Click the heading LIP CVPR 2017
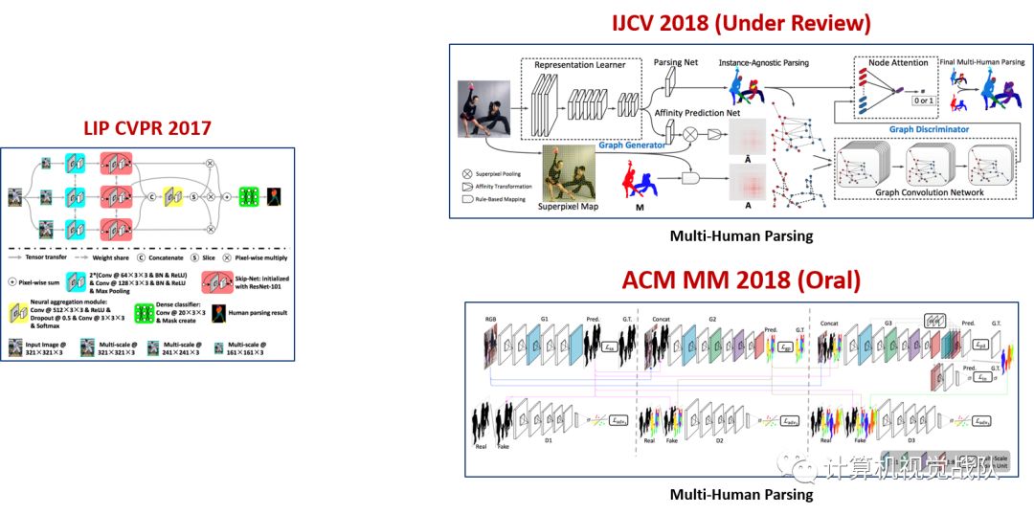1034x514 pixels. coord(147,128)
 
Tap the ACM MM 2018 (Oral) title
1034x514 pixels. coord(742,280)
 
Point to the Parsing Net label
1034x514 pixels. coord(676,63)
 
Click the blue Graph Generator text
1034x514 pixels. coord(625,146)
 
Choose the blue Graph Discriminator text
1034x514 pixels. coord(929,129)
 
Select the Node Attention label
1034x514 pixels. coord(896,63)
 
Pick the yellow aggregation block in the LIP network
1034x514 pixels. coord(173,196)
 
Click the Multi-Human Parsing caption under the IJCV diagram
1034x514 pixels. coord(742,235)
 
